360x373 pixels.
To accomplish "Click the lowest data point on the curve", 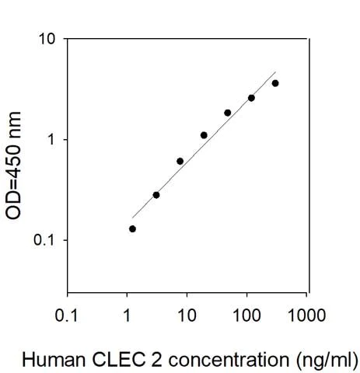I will (132, 228).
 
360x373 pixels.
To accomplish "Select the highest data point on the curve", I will (275, 83).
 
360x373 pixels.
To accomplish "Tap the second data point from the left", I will (156, 195).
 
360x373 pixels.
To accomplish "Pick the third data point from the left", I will (180, 161).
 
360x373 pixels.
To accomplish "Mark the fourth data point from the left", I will (204, 135).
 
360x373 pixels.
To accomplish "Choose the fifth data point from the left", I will (228, 113).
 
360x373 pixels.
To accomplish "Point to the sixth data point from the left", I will (251, 98).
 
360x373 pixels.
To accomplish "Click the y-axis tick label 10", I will (47, 40).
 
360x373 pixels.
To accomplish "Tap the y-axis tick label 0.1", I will (46, 240).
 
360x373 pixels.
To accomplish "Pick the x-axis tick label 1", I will (128, 316).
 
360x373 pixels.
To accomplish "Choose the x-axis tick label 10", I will (187, 316).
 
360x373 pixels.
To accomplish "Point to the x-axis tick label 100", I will (246, 316).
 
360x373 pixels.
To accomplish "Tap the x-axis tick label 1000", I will (306, 316).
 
